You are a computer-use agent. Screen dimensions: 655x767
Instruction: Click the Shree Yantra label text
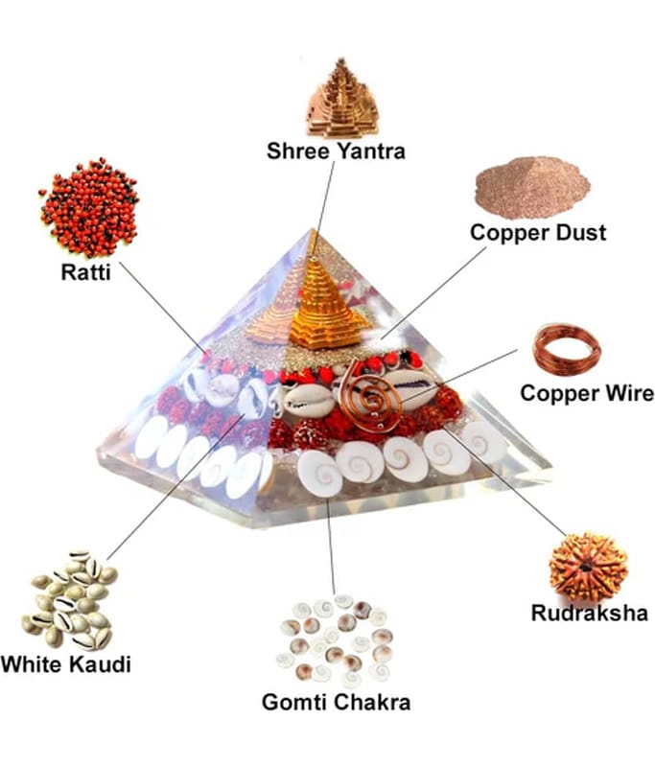(336, 151)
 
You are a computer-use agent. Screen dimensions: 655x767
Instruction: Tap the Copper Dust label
(538, 232)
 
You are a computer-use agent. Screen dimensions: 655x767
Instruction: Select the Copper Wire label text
(587, 393)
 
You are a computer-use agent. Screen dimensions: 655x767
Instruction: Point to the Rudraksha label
(590, 613)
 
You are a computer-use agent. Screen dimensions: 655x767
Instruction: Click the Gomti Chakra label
(336, 702)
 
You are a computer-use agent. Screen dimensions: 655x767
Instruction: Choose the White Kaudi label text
(65, 664)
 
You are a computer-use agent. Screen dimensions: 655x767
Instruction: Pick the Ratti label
(85, 272)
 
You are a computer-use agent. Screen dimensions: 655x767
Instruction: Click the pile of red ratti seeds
(89, 207)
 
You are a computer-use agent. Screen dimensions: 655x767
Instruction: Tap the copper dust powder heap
(532, 187)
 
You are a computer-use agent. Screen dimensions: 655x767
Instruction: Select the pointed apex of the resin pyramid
(312, 229)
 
